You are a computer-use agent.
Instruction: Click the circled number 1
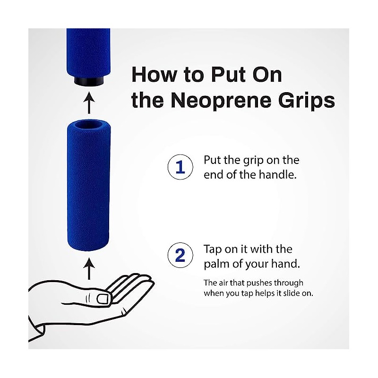click(x=180, y=167)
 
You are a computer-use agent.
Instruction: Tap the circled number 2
click(x=180, y=255)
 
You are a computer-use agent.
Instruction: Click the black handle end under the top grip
click(x=88, y=81)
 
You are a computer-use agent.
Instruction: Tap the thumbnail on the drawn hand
click(x=103, y=299)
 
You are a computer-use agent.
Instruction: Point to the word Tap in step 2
click(x=213, y=249)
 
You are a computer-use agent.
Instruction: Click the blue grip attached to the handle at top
click(x=88, y=50)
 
